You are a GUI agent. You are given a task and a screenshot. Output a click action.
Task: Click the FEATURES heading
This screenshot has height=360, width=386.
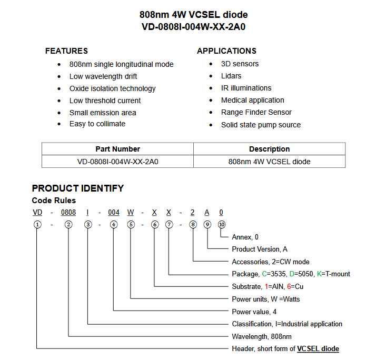click(66, 51)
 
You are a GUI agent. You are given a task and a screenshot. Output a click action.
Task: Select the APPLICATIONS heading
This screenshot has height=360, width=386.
click(226, 51)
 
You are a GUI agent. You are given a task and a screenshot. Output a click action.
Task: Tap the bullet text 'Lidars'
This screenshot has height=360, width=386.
click(231, 76)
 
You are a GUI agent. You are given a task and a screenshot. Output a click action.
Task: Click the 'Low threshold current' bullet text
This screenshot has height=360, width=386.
click(105, 101)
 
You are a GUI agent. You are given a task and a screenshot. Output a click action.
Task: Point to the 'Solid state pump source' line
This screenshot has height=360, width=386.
click(261, 125)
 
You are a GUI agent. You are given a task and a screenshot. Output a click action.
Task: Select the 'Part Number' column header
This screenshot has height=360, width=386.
click(117, 149)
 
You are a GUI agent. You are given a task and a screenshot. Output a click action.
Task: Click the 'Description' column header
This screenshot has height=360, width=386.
click(269, 149)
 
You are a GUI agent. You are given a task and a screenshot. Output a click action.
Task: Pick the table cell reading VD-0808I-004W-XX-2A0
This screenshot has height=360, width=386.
click(117, 162)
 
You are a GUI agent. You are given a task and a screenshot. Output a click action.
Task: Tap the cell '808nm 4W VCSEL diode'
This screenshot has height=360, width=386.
click(269, 162)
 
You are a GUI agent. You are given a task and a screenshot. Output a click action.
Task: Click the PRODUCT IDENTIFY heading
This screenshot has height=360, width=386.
click(78, 188)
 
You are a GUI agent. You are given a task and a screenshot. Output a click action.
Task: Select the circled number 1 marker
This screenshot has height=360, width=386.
click(37, 224)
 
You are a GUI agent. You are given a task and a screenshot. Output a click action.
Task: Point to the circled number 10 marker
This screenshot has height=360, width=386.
click(221, 224)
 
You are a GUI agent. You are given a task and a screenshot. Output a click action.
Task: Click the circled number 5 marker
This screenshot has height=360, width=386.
click(130, 224)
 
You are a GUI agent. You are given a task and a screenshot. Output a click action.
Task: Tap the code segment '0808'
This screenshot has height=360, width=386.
click(68, 213)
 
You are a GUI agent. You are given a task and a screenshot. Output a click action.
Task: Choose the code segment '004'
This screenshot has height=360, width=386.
click(114, 213)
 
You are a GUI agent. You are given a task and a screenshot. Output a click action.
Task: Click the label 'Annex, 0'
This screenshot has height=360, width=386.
click(245, 237)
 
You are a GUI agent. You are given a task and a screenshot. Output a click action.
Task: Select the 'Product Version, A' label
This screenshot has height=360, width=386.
click(260, 249)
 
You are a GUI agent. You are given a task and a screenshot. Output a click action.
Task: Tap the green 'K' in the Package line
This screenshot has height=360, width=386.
click(319, 274)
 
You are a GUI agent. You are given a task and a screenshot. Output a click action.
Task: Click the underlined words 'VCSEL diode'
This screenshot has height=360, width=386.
click(318, 348)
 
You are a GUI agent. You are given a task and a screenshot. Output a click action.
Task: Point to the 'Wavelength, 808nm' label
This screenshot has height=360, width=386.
click(262, 336)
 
